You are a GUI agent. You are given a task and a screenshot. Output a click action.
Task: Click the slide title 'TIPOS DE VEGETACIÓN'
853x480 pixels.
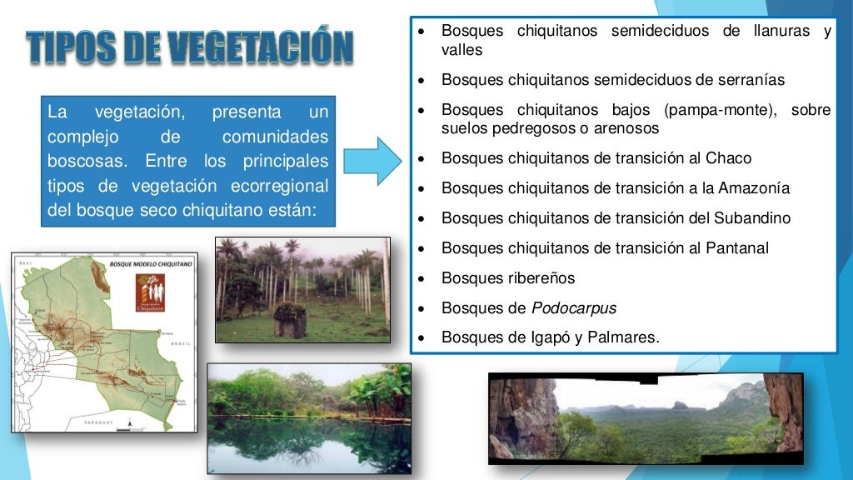click(x=190, y=47)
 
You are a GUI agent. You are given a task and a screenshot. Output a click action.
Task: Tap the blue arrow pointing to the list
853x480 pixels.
click(x=372, y=161)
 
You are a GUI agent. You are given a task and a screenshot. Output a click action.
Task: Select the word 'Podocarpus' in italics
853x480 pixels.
click(x=574, y=308)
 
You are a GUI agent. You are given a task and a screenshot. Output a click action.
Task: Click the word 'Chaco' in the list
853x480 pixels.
click(x=729, y=158)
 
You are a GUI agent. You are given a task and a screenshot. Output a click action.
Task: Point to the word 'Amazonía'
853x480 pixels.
click(x=759, y=188)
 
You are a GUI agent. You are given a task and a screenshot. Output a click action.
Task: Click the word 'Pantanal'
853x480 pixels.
click(x=737, y=248)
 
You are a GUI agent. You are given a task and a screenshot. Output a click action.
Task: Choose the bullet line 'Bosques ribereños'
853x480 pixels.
click(x=508, y=278)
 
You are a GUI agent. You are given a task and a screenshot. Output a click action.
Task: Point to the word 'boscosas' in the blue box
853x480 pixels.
click(x=82, y=160)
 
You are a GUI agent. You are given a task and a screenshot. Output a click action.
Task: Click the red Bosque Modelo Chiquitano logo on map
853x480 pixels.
click(x=149, y=292)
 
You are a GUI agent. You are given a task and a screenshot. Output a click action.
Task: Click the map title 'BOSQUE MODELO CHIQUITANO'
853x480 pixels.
click(x=150, y=262)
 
